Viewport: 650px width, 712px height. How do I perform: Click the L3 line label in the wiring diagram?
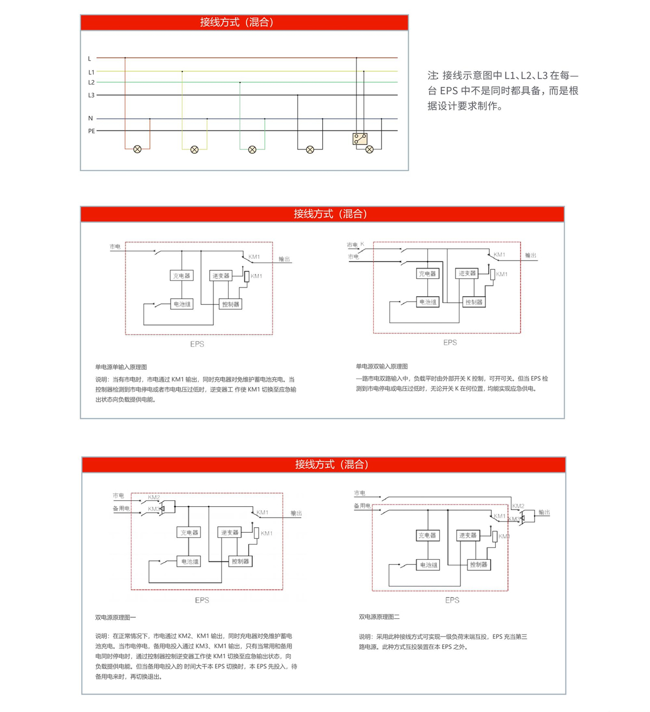(x=91, y=95)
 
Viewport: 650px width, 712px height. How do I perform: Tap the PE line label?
(x=92, y=131)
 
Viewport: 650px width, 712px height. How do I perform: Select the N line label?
(x=90, y=119)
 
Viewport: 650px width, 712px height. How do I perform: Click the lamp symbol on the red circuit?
(x=138, y=149)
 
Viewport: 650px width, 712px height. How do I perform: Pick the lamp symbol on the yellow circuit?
(x=194, y=149)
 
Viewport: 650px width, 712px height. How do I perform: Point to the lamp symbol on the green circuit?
(x=252, y=149)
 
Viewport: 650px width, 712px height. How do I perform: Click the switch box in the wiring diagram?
(x=360, y=139)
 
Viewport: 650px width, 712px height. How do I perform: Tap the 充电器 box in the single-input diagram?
(x=181, y=276)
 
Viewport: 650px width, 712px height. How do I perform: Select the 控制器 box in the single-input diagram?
(x=230, y=304)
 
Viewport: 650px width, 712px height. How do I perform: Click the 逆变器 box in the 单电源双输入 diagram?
(x=467, y=273)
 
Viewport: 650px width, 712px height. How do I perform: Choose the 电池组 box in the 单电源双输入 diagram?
(x=427, y=302)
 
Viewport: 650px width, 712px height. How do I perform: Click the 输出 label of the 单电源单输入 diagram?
(x=284, y=259)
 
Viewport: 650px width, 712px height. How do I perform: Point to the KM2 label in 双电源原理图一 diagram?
(x=154, y=497)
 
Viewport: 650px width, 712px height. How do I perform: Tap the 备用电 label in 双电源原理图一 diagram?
(x=121, y=508)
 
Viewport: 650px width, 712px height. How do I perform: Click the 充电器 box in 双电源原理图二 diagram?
(x=428, y=535)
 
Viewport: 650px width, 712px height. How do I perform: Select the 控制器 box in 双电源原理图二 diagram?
(x=478, y=564)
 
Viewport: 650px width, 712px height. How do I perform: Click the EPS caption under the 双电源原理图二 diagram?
(x=452, y=600)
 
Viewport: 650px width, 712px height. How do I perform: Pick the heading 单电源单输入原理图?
(x=121, y=367)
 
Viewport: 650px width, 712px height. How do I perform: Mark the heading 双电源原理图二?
(x=379, y=617)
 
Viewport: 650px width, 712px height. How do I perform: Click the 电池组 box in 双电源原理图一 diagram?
(x=190, y=561)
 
